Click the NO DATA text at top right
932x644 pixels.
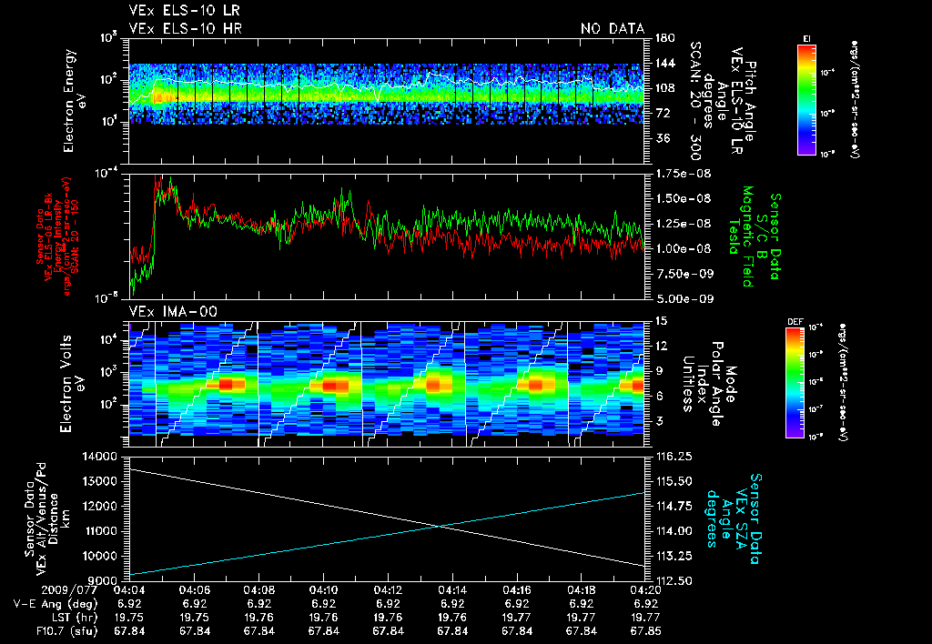(x=612, y=29)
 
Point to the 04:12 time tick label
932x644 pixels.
(x=389, y=589)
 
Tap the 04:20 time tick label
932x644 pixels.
(x=646, y=589)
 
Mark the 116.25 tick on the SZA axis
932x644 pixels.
(x=673, y=456)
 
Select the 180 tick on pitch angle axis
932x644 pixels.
(x=663, y=37)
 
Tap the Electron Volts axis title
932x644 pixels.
(x=71, y=377)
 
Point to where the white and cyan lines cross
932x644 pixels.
(x=440, y=526)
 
